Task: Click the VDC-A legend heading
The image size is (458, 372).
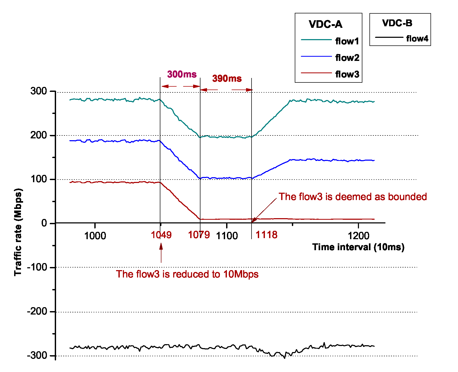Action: click(325, 24)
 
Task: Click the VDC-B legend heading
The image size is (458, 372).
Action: click(397, 23)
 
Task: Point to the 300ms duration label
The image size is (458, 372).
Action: click(182, 74)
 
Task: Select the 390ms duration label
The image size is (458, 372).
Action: click(227, 78)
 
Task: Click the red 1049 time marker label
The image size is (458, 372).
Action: click(161, 235)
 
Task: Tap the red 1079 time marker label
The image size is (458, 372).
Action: click(199, 235)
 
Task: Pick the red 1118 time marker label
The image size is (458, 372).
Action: click(266, 235)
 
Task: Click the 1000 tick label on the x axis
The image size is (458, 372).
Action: click(95, 236)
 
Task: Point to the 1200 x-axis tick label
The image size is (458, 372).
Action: click(358, 236)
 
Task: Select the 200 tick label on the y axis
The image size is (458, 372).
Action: click(39, 135)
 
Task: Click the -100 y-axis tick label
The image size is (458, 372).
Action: click(37, 267)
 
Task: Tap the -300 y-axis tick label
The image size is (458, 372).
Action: click(37, 355)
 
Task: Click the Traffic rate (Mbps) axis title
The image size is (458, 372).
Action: click(18, 232)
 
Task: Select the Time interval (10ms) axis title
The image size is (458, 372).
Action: click(358, 247)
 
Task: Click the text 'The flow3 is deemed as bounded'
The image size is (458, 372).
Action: click(353, 197)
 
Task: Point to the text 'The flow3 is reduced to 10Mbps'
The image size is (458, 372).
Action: click(187, 274)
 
